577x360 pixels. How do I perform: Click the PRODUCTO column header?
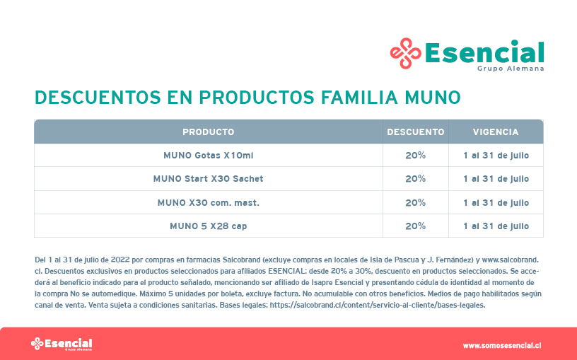point(209,132)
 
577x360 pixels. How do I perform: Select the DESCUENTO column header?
point(416,132)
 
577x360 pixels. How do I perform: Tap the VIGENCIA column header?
point(496,132)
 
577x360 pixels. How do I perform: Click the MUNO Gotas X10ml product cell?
point(209,156)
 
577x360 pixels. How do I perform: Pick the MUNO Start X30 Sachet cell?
point(209,179)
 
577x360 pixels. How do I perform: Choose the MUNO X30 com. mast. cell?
point(209,203)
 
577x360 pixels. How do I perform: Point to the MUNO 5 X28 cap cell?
point(209,226)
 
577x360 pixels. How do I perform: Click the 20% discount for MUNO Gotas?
point(416,156)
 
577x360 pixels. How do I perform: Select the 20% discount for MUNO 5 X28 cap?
point(416,226)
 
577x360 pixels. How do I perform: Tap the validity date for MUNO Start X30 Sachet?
point(496,179)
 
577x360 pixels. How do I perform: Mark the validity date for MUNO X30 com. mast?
point(496,203)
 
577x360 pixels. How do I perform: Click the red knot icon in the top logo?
point(405,53)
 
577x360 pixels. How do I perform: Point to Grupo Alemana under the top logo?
point(511,69)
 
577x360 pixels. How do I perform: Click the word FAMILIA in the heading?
point(359,98)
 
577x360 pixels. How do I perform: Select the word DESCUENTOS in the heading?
point(98,98)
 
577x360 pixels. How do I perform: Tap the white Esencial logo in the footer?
point(62,344)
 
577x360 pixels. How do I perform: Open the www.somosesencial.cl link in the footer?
point(502,346)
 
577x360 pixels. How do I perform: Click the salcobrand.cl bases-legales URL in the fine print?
point(378,305)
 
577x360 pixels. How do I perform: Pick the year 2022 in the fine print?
point(120,260)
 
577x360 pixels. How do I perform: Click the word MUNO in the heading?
point(433,98)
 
